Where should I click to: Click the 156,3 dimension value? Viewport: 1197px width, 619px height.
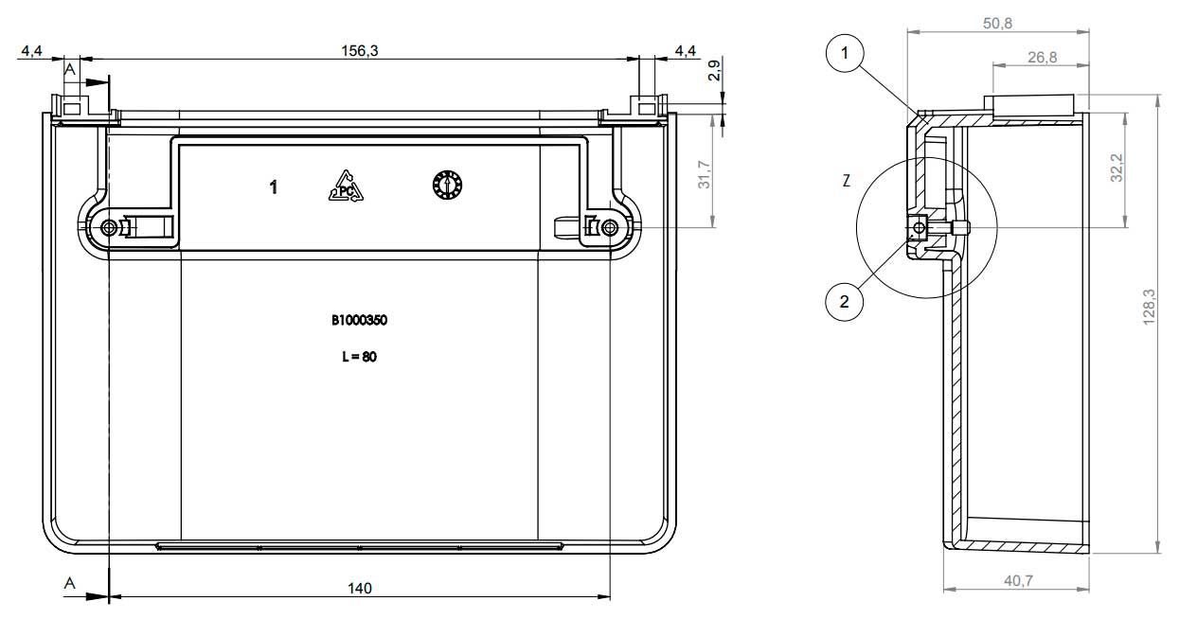pos(360,51)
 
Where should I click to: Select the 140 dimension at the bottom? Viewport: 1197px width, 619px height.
pos(359,589)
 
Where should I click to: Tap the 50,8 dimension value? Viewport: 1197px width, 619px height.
pos(998,24)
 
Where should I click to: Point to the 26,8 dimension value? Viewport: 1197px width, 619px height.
pos(1042,57)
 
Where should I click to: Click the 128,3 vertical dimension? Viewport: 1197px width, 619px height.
pos(1149,307)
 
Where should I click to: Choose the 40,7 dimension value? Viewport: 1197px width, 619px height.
pos(1019,580)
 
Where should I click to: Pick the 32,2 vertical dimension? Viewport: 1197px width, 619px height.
pos(1117,168)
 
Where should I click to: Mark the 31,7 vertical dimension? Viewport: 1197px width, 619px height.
pos(705,175)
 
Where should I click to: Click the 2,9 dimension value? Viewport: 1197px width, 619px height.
pos(714,70)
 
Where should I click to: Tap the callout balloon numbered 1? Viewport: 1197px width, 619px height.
pos(845,53)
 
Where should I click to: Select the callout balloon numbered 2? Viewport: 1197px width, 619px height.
pos(845,302)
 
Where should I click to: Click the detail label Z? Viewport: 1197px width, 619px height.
pos(847,181)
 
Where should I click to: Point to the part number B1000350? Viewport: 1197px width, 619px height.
pos(359,321)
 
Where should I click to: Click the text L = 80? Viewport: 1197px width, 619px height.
pos(359,357)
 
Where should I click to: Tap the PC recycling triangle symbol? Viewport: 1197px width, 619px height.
pos(346,186)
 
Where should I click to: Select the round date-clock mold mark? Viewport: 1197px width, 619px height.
pos(447,186)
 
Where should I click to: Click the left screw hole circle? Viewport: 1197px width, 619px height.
pos(109,228)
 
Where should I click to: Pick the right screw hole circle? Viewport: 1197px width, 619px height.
pos(610,228)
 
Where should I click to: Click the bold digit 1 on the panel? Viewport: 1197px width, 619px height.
pos(274,187)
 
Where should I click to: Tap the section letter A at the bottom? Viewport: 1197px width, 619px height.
pos(69,583)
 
